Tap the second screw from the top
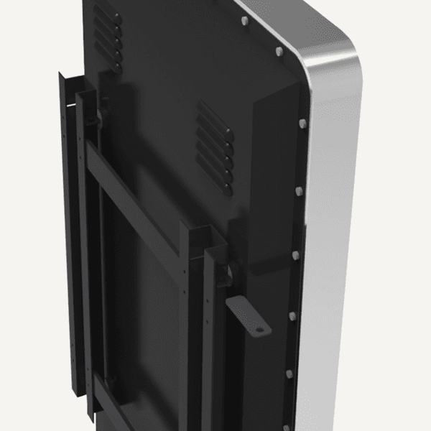(x=279, y=51)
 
